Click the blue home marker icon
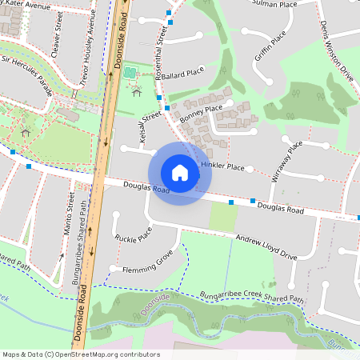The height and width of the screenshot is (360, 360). point(180,173)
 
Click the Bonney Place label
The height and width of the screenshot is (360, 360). point(201,113)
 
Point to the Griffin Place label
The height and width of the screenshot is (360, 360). point(270,50)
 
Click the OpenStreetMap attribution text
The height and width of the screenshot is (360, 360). point(81,354)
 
